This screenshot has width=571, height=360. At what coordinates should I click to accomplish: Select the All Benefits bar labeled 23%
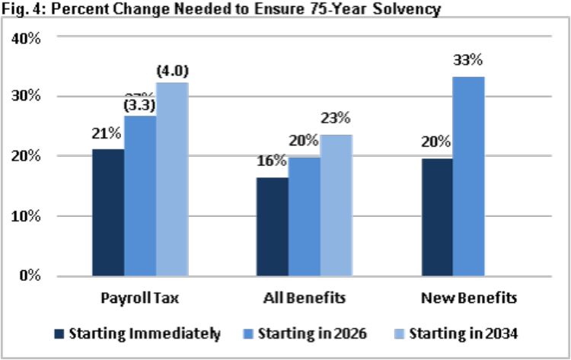point(336,205)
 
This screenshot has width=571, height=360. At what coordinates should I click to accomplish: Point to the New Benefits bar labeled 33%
point(468,176)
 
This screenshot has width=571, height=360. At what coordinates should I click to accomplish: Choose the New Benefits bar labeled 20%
point(436,216)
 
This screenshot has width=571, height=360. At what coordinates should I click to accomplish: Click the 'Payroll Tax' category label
point(139,297)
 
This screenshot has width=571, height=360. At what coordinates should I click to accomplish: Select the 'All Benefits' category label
point(304,297)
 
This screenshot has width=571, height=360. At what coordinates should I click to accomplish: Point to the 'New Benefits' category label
point(468,297)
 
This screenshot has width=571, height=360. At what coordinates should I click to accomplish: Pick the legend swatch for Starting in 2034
point(400,333)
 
